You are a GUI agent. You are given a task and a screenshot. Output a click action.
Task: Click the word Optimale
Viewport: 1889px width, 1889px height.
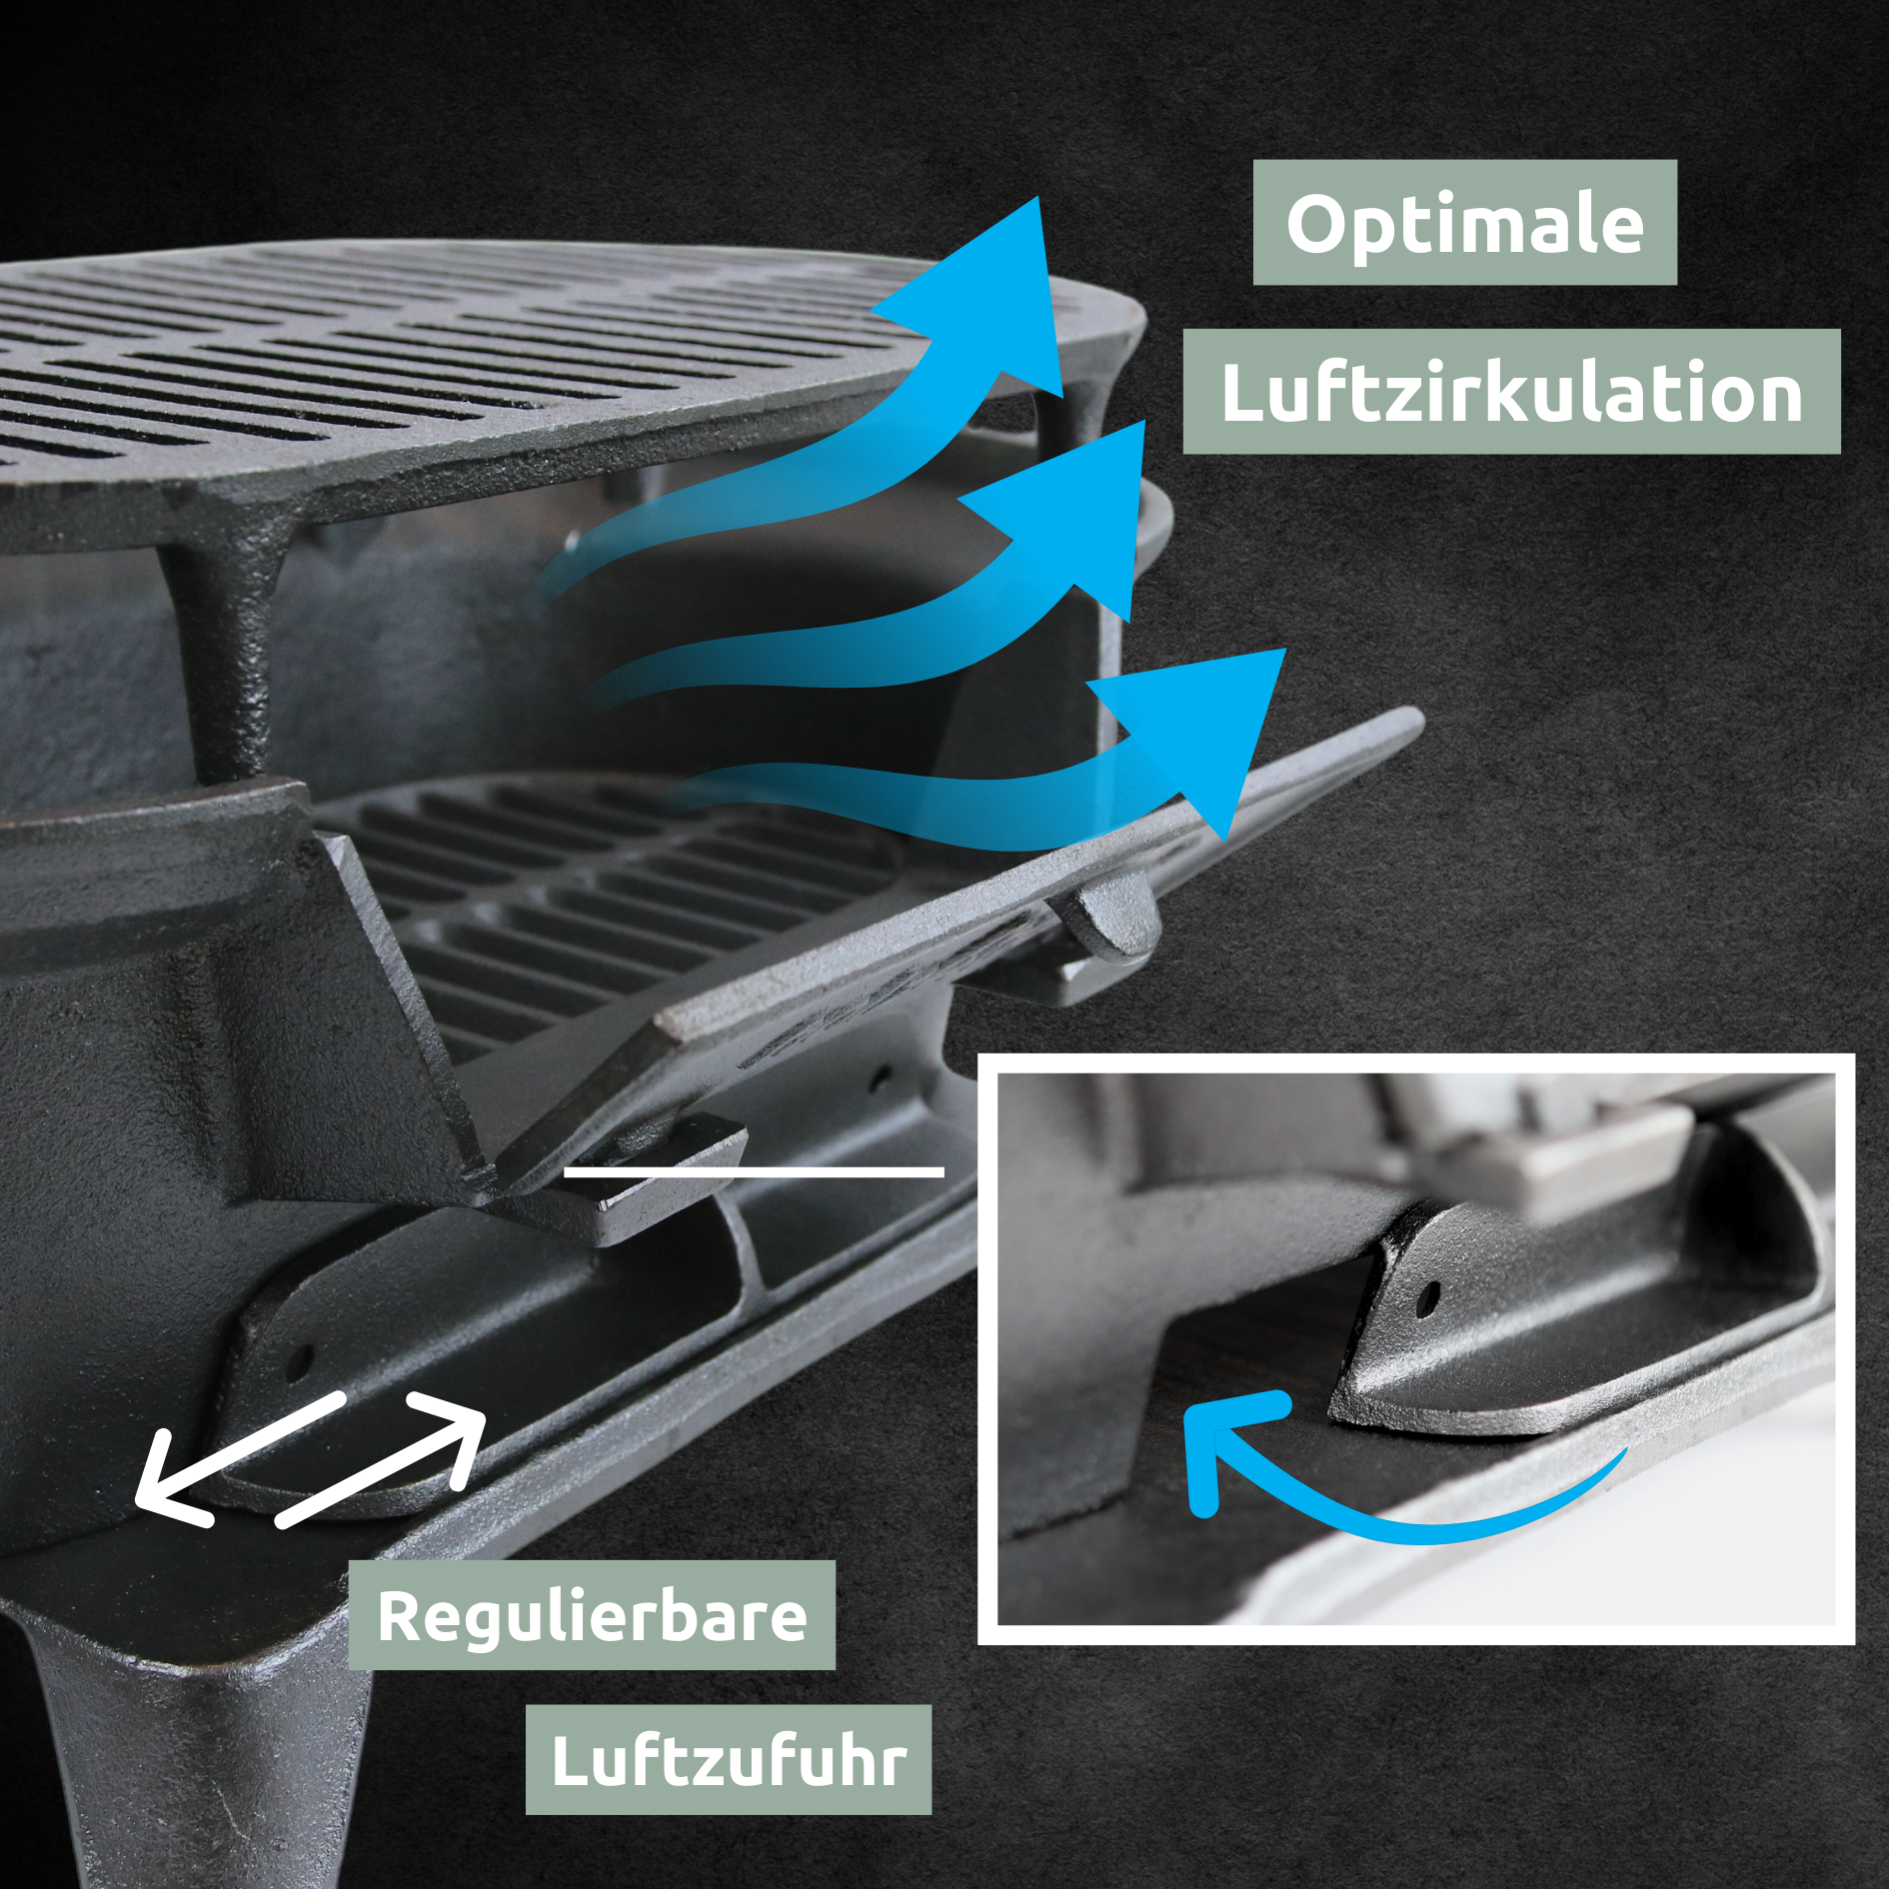pos(1464,223)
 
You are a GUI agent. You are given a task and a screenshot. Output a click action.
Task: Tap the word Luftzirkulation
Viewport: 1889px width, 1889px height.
pos(1511,392)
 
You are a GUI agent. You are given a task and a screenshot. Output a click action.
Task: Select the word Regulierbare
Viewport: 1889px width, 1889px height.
pos(591,1614)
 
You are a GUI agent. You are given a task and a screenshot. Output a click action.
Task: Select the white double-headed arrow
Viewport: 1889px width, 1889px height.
pos(310,1459)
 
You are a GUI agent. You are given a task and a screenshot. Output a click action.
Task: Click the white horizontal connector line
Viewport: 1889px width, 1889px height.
pos(754,1171)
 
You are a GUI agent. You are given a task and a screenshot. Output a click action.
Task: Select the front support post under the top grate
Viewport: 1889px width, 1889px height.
pos(226,650)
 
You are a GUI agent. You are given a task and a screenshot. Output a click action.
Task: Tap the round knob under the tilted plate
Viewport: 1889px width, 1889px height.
pos(1109,915)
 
